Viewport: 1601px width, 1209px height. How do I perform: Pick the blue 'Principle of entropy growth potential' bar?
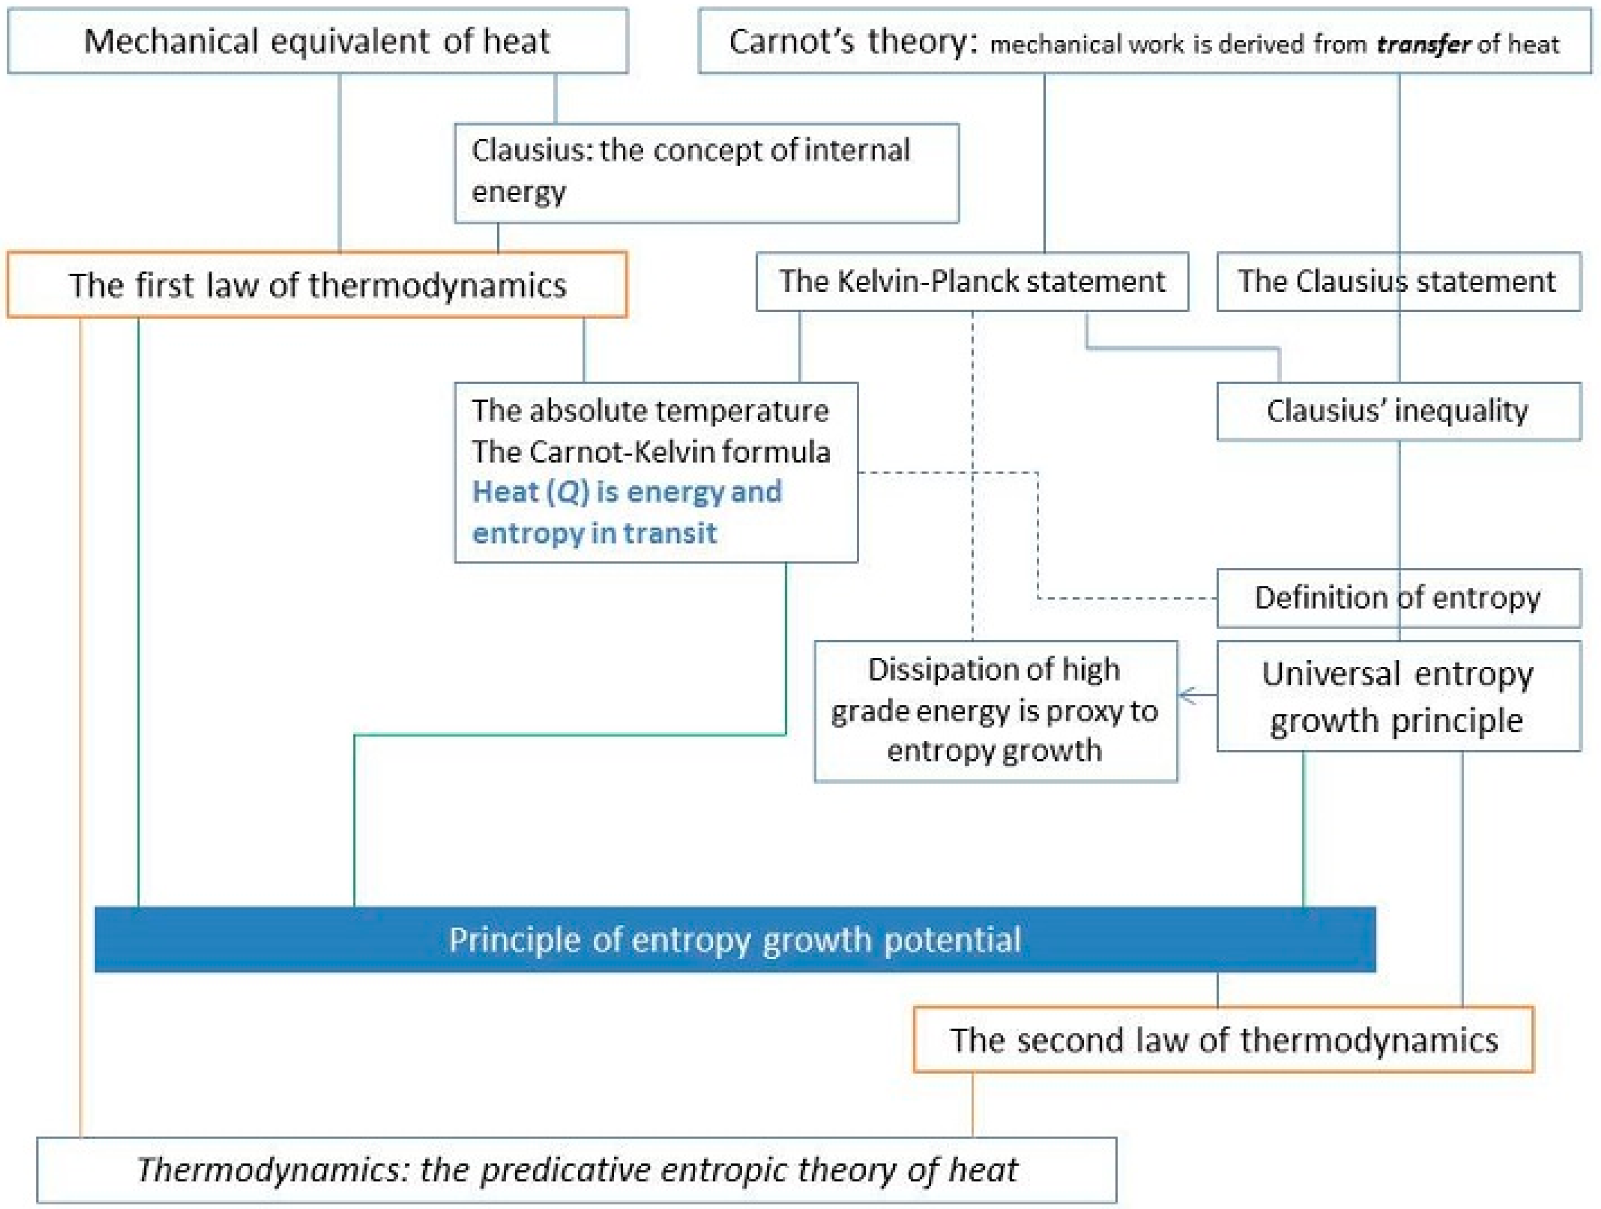tap(734, 939)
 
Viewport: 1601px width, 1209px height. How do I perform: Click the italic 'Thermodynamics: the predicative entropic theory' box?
tap(576, 1169)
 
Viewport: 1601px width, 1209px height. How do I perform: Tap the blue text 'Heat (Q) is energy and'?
tap(627, 492)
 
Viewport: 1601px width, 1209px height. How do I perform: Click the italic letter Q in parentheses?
tap(569, 492)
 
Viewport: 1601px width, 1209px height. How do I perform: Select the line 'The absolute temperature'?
tap(650, 410)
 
